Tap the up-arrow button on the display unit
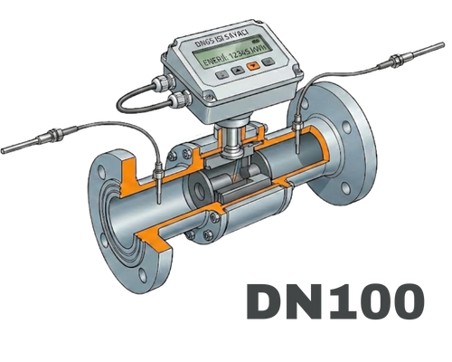[x=236, y=69]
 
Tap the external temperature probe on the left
[x=36, y=139]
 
